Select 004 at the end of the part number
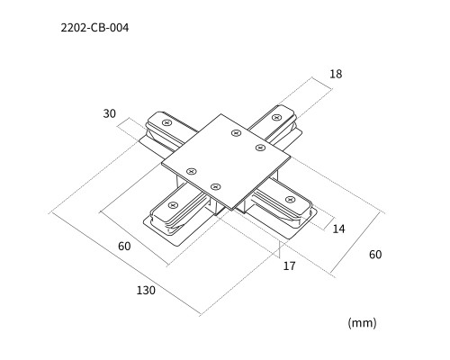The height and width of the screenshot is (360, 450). click(119, 28)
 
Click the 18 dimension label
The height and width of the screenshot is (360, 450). click(336, 74)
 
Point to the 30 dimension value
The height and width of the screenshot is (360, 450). click(110, 113)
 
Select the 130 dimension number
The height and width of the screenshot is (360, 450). click(146, 291)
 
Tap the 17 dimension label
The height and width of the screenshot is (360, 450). click(290, 265)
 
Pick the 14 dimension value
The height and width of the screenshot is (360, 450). click(339, 229)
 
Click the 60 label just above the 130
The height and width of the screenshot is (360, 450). click(124, 247)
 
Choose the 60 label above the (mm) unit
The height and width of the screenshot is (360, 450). click(375, 255)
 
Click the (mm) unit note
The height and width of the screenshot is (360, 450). click(362, 323)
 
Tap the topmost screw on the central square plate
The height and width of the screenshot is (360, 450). click(237, 133)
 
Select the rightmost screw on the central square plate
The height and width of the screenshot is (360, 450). click(260, 148)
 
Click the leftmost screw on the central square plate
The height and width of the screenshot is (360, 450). click(192, 171)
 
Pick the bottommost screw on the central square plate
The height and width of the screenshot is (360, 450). click(215, 187)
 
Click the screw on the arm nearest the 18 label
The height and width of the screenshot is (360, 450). click(276, 117)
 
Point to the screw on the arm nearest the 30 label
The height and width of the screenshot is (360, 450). click(166, 122)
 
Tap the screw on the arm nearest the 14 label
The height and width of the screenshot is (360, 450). click(290, 199)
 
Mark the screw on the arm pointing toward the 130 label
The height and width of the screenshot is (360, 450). click(173, 205)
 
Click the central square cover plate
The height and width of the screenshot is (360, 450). click(226, 161)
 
